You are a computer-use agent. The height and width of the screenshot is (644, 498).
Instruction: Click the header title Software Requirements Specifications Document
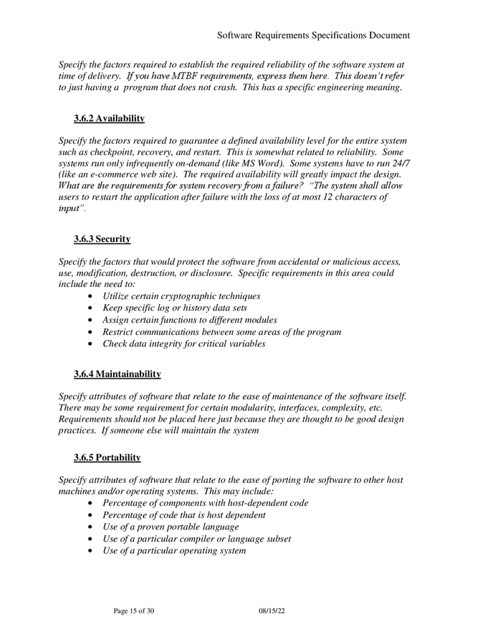click(x=313, y=34)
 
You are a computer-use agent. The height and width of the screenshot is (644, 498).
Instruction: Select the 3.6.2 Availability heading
click(x=109, y=118)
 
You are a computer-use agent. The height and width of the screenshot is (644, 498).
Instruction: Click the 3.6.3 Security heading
click(x=102, y=239)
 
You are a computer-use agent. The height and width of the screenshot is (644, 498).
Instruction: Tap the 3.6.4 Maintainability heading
click(x=117, y=374)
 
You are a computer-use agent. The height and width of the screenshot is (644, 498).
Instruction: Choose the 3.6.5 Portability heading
click(x=107, y=457)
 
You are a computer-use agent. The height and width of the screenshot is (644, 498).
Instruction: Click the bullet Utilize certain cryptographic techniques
click(x=181, y=296)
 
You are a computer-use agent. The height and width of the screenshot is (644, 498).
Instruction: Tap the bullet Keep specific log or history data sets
click(x=175, y=308)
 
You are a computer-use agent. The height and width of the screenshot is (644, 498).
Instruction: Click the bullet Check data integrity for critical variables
click(x=183, y=343)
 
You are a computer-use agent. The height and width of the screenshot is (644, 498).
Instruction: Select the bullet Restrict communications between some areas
click(x=221, y=332)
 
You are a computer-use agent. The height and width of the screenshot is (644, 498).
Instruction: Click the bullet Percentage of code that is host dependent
click(x=184, y=514)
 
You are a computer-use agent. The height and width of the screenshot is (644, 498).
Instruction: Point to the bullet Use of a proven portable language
click(x=171, y=527)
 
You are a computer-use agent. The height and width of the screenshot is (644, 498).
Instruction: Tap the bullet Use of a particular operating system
click(x=174, y=550)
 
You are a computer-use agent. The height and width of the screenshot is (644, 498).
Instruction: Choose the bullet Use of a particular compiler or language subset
click(x=196, y=538)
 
